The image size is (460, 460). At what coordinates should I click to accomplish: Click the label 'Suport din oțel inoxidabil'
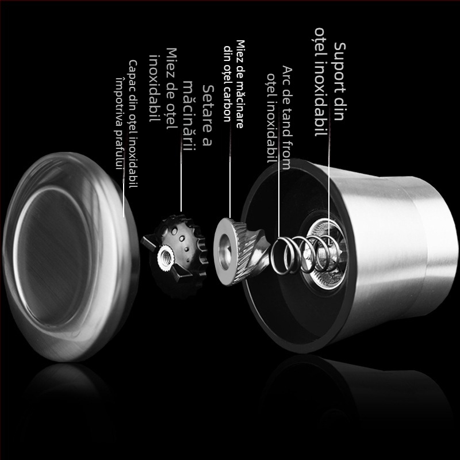pos(330,82)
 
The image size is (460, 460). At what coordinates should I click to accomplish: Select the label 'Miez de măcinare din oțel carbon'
pos(234,84)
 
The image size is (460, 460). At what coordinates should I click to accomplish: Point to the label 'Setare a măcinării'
pos(198,116)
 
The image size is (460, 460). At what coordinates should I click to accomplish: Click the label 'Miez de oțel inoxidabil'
pos(163,89)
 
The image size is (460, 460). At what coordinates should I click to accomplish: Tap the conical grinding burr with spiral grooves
pos(241,251)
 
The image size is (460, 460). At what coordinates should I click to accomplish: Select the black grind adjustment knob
pos(176,255)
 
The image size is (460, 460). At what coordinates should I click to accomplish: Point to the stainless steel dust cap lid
pos(70,256)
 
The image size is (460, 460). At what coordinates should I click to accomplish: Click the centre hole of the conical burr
pos(224,252)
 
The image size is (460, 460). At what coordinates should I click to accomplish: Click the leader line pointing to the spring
pos(279,198)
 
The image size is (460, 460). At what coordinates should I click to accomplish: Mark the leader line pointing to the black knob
pos(181,181)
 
